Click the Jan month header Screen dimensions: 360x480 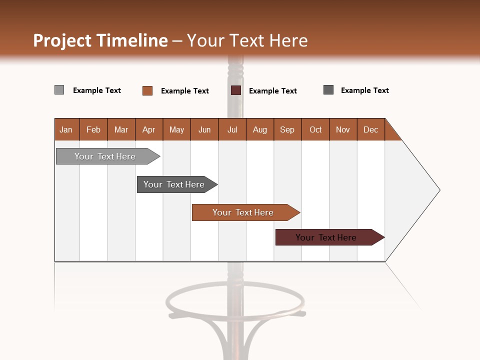tap(66, 129)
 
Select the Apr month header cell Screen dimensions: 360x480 tap(148, 129)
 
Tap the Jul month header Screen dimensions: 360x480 tap(232, 129)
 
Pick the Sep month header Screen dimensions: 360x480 tap(287, 129)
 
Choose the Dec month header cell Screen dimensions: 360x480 tap(370, 129)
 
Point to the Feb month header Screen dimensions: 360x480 tap(93, 129)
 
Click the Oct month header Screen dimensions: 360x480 tap(315, 129)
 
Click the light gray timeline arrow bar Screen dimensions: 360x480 tap(105, 156)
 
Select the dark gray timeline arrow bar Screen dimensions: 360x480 tap(174, 184)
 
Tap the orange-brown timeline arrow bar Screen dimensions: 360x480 tap(243, 212)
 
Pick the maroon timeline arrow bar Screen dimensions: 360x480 tap(326, 237)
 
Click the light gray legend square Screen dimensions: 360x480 tap(59, 90)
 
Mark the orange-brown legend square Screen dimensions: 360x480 tap(147, 90)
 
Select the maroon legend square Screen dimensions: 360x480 tap(236, 90)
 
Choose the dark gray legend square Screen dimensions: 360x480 tap(328, 90)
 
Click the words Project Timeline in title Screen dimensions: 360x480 tap(100, 40)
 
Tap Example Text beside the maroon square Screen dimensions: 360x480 tap(272, 91)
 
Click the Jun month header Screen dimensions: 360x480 tap(204, 129)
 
